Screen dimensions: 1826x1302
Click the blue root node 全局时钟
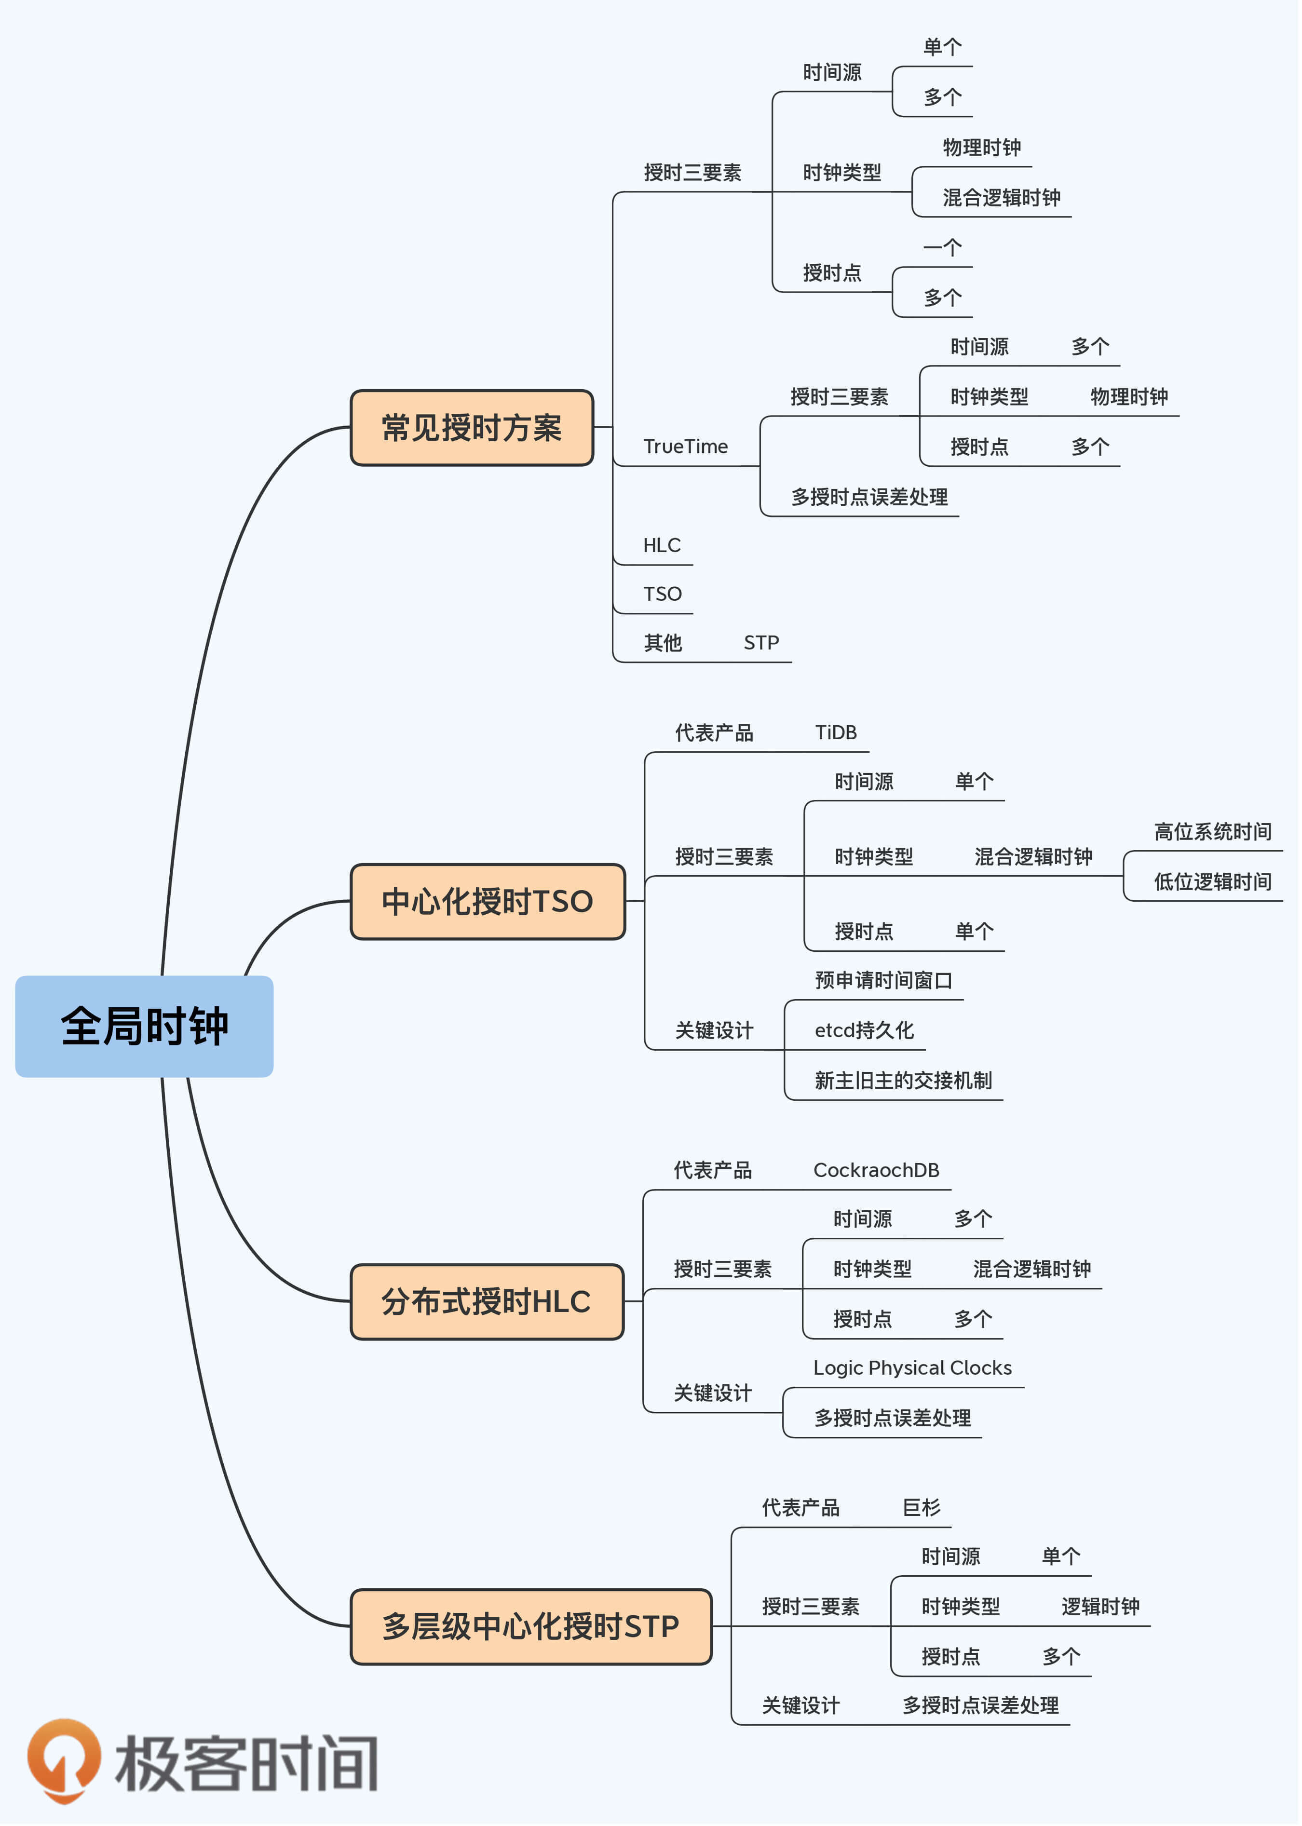[144, 1027]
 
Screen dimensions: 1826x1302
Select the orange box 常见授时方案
[472, 428]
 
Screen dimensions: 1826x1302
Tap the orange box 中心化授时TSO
[488, 902]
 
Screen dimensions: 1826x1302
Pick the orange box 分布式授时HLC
[487, 1302]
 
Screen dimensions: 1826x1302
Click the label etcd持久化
[864, 1031]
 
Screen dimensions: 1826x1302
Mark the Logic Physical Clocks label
[912, 1368]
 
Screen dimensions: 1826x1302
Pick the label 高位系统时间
[1212, 832]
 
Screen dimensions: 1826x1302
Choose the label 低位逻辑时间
[1212, 882]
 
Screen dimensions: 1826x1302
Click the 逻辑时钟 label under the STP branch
[1100, 1607]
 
